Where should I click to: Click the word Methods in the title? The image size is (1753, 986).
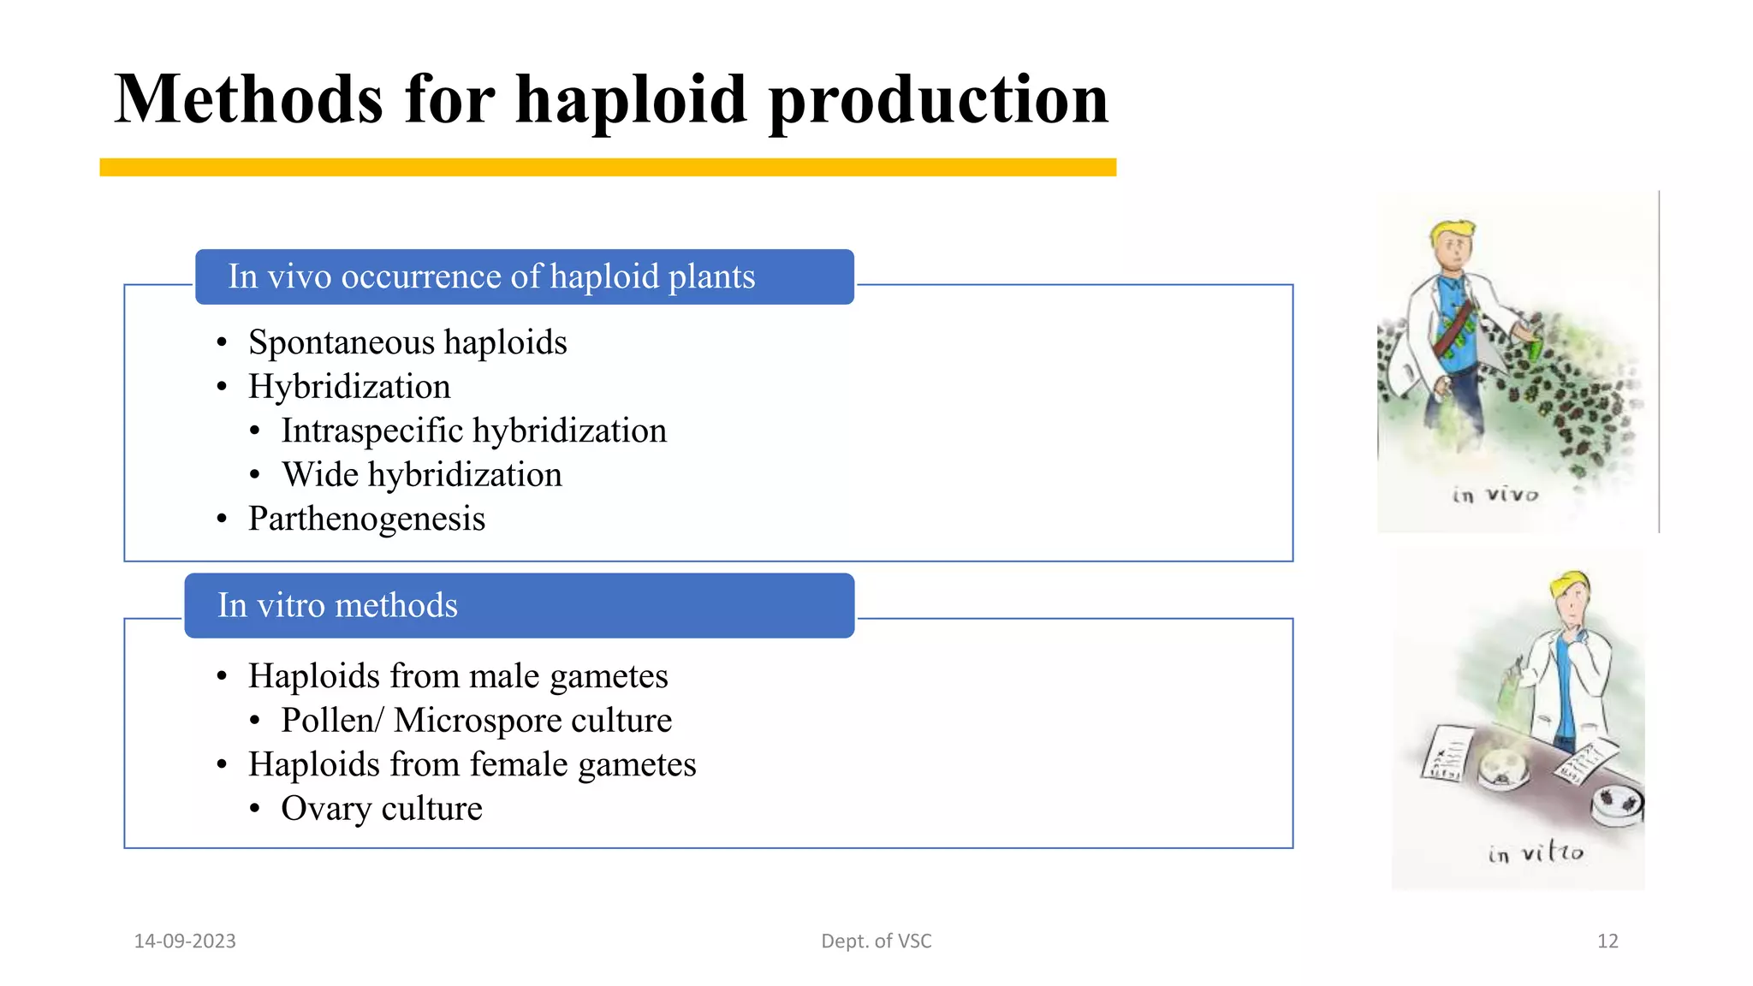248,100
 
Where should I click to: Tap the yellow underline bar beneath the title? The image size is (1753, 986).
608,168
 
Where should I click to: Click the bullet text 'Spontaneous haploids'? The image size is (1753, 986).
407,342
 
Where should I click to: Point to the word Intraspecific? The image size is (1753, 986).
371,431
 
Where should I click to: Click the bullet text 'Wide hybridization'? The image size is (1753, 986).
421,475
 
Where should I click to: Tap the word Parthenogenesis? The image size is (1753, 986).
366,519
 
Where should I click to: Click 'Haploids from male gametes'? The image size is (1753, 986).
458,676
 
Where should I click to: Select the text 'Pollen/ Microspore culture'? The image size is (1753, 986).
476,721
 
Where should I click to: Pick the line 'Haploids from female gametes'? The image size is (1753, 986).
472,764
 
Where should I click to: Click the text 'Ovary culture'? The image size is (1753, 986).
382,809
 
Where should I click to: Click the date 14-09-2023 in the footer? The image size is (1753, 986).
185,941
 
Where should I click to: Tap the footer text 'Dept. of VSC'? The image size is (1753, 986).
876,941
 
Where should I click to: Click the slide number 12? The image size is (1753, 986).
1607,941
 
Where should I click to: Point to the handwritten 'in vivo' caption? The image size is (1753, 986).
1495,495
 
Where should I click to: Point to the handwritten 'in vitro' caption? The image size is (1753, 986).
1536,852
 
